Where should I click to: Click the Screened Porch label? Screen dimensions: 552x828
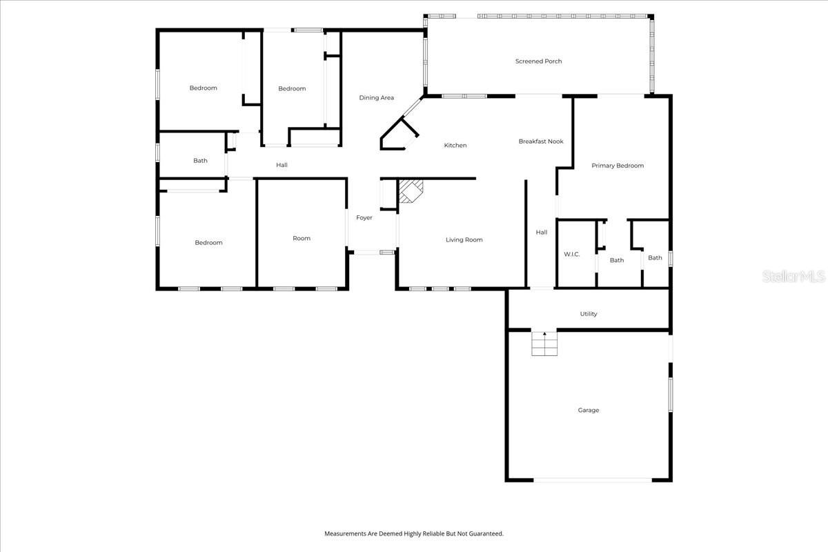click(538, 61)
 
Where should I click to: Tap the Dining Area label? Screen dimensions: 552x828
click(377, 98)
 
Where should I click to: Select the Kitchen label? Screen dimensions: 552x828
click(455, 146)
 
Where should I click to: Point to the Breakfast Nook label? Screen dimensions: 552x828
click(541, 141)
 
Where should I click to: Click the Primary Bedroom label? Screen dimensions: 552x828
click(618, 166)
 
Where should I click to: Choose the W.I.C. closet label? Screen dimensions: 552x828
click(571, 255)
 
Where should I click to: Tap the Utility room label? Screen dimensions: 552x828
click(589, 314)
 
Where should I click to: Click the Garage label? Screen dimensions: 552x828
click(589, 411)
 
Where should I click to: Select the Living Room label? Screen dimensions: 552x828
click(464, 240)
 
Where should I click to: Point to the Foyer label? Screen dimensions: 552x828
click(364, 218)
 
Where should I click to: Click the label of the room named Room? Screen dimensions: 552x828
click(302, 239)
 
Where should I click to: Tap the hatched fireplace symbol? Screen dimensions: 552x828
click(412, 190)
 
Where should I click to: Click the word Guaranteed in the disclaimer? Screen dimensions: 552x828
click(486, 533)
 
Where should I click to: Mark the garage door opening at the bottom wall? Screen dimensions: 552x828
click(592, 480)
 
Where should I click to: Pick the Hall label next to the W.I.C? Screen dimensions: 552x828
click(542, 233)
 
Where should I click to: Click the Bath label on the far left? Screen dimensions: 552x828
click(200, 161)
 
